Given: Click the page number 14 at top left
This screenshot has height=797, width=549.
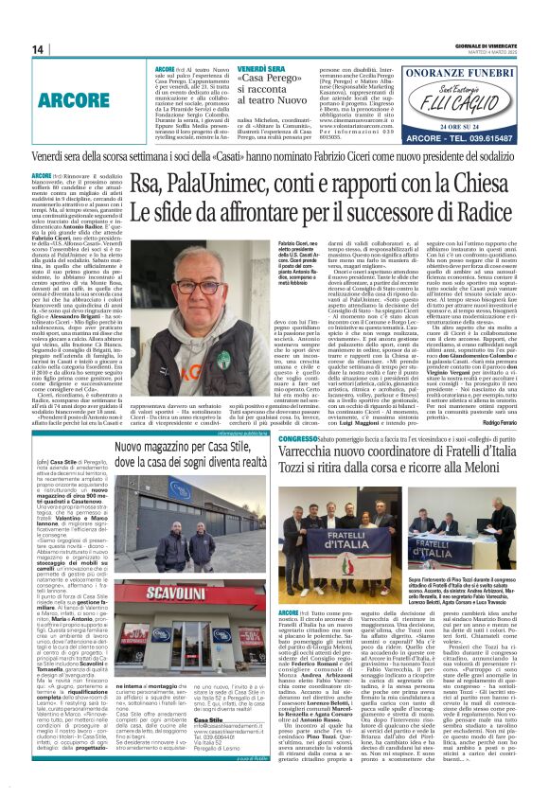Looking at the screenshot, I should (x=38, y=49).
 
